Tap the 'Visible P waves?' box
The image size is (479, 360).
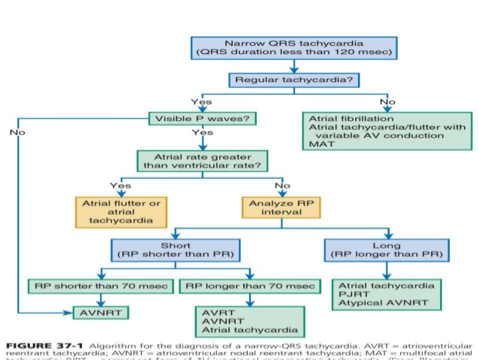point(200,119)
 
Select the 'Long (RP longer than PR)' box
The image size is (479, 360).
point(387,250)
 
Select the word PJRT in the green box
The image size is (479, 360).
point(352,295)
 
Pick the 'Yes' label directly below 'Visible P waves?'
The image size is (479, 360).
point(201,132)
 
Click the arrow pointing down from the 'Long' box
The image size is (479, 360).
point(386,270)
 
